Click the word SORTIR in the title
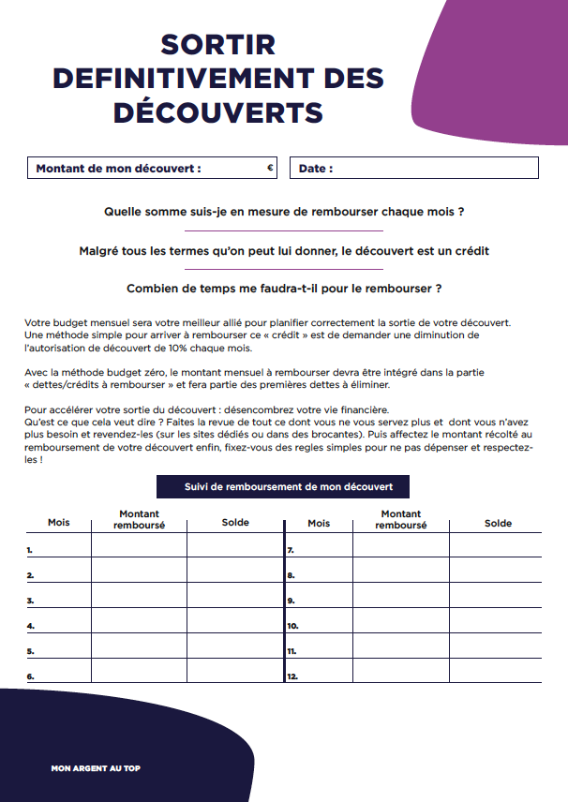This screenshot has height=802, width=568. (218, 45)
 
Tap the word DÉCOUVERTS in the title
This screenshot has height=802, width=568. (218, 112)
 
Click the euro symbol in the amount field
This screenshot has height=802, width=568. (270, 169)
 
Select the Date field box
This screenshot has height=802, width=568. (414, 169)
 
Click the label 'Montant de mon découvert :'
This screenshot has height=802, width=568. (118, 170)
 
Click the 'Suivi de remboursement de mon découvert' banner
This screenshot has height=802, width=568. (282, 487)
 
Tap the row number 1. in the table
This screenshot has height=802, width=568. (30, 550)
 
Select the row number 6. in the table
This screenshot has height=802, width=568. (30, 676)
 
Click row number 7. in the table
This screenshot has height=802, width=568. (291, 550)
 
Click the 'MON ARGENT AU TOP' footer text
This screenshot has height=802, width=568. (96, 768)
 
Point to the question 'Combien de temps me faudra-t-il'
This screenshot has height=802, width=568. (284, 289)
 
